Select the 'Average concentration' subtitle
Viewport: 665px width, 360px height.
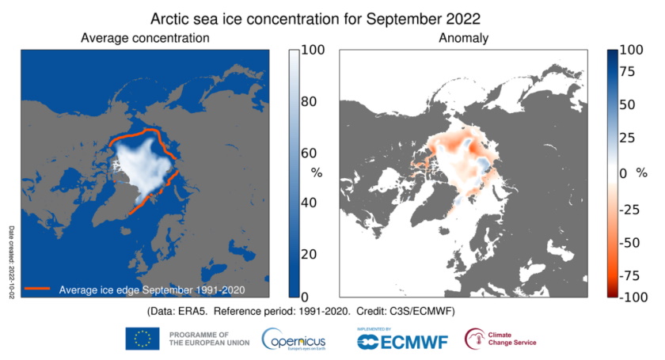click(145, 37)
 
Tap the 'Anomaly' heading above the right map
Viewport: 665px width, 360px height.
click(463, 37)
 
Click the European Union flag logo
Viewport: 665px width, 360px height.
click(142, 339)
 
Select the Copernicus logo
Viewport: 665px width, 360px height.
click(294, 339)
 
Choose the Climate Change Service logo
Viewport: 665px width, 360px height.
click(500, 339)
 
